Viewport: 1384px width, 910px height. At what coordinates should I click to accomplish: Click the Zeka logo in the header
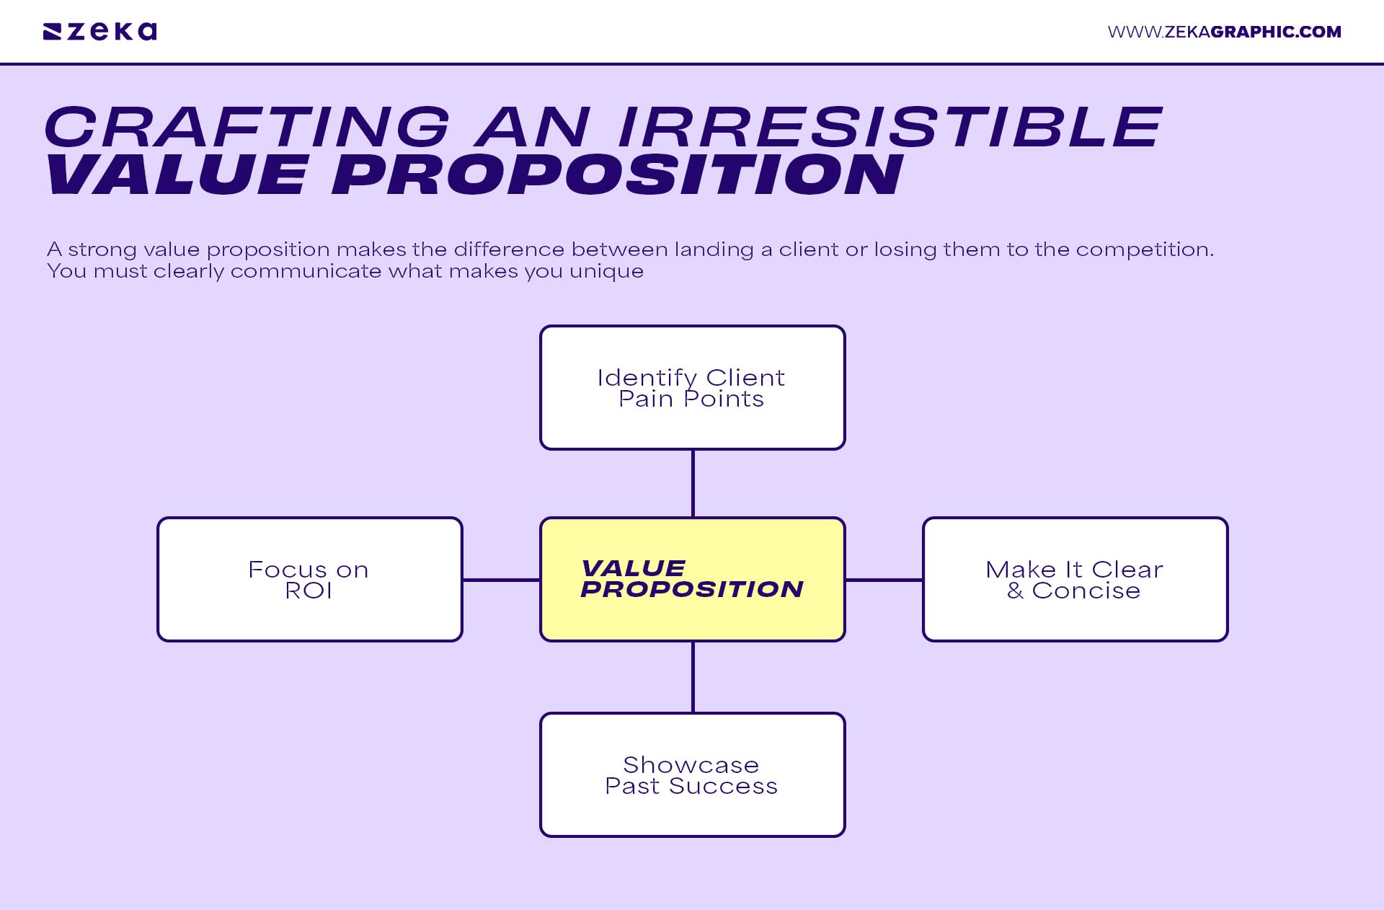click(99, 32)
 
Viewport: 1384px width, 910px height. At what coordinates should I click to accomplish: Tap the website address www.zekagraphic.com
click(1224, 32)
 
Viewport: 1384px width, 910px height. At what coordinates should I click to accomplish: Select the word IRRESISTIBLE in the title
click(889, 127)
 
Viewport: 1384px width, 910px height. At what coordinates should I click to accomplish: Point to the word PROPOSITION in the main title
click(617, 175)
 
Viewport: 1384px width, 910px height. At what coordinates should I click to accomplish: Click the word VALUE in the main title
click(177, 175)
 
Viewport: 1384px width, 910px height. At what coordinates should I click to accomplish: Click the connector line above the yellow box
click(693, 483)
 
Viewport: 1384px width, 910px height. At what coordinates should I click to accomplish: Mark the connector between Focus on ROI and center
click(501, 579)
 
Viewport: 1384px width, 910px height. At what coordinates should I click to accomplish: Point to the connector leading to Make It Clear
click(884, 579)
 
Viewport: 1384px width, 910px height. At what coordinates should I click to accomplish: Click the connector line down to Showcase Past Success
click(693, 677)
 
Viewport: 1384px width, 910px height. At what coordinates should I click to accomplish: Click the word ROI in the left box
click(309, 591)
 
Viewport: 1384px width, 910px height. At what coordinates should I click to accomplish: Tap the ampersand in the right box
click(1015, 591)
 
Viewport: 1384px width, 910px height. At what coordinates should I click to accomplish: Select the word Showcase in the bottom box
click(691, 764)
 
